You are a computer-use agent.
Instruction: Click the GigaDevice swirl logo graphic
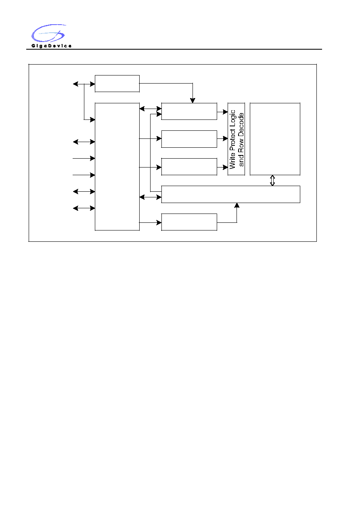[48, 33]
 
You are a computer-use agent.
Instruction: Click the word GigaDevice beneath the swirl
[51, 46]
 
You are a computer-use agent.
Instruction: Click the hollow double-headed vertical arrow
[272, 180]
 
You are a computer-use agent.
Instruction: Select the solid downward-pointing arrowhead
[193, 101]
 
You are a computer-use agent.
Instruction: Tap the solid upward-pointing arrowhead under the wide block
[237, 205]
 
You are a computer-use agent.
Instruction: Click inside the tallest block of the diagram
[117, 167]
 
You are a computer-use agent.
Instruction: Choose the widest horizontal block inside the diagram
[231, 194]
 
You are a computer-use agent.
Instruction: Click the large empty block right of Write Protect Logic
[275, 139]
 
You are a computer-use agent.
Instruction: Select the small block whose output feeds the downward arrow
[117, 84]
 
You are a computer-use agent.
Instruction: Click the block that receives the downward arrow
[189, 111]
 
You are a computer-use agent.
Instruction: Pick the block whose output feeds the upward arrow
[189, 222]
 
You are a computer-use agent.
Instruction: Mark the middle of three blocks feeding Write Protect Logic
[189, 139]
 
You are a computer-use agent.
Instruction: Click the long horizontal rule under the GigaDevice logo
[174, 49]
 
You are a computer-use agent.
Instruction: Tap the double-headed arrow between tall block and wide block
[151, 197]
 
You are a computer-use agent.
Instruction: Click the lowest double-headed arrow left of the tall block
[84, 208]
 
